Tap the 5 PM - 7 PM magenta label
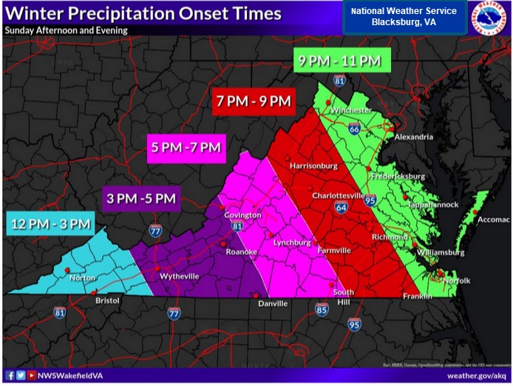pos(185,147)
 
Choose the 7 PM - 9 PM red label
pos(254,101)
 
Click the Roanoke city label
pos(241,252)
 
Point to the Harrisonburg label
pos(313,166)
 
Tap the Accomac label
pos(493,220)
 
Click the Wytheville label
pos(180,276)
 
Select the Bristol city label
pos(106,302)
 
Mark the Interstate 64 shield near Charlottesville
pos(340,209)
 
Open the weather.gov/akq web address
pos(477,376)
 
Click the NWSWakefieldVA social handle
pos(67,376)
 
